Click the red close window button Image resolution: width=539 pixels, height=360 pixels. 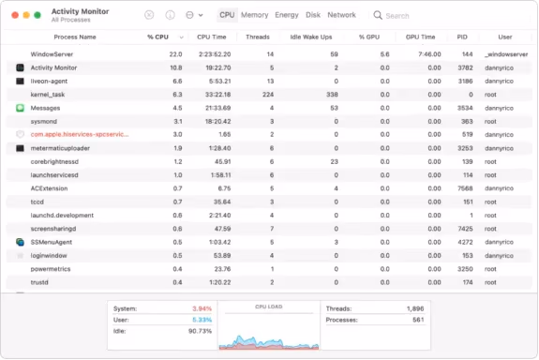click(13, 16)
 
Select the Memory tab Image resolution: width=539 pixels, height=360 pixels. click(254, 15)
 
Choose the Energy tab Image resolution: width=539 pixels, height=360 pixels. click(287, 15)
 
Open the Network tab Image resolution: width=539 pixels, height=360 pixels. click(341, 15)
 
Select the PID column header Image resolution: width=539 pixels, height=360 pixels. click(462, 37)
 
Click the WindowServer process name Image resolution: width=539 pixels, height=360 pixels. click(52, 54)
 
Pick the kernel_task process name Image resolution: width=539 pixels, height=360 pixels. click(48, 95)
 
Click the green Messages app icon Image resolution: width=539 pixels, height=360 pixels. click(20, 108)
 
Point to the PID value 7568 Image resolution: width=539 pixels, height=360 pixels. click(464, 188)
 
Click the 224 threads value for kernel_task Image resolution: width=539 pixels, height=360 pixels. click(268, 95)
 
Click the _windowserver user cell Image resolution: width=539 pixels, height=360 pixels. click(504, 54)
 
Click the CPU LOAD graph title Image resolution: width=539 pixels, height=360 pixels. click(268, 306)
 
